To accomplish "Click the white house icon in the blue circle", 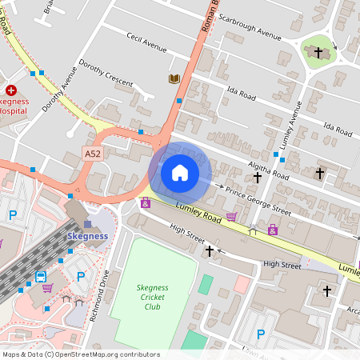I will (x=180, y=173).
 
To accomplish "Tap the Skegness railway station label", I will (x=86, y=236).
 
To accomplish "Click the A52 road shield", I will (x=93, y=152).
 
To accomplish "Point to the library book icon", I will (x=174, y=78).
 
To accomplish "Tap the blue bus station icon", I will (x=40, y=277).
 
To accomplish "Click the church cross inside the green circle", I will (x=318, y=52).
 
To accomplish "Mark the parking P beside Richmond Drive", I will (x=81, y=276).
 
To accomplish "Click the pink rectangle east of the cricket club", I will (x=242, y=284).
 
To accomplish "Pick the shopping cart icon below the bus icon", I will (x=47, y=288).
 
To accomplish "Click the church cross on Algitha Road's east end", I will (x=319, y=172).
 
